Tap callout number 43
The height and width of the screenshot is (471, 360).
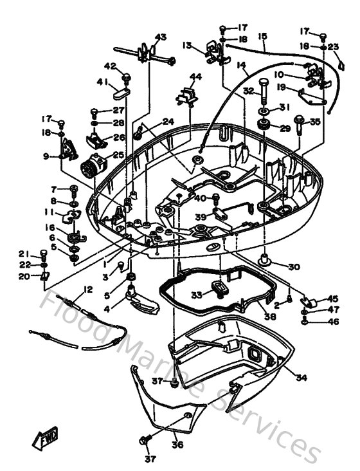point(160,37)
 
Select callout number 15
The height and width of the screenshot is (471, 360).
point(262,37)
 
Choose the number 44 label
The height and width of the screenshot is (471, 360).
point(195,77)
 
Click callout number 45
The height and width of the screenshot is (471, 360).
point(332,298)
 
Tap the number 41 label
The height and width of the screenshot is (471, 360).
point(103,82)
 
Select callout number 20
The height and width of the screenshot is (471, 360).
point(24,276)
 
